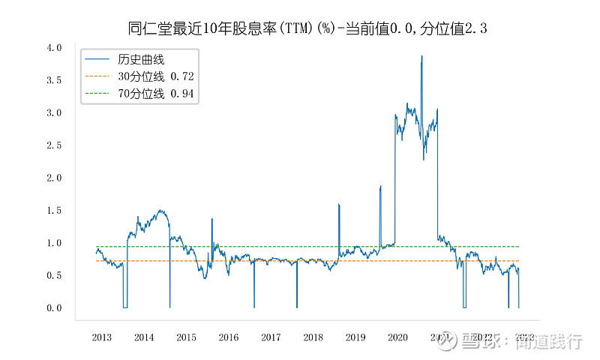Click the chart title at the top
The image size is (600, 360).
[x=308, y=28]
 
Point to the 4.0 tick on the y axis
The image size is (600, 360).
[x=54, y=48]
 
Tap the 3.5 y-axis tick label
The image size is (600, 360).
[x=54, y=80]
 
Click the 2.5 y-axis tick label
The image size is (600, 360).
[x=54, y=145]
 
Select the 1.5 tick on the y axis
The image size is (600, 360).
[x=54, y=211]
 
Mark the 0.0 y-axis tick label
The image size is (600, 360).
[x=54, y=308]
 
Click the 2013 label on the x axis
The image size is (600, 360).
[x=102, y=338]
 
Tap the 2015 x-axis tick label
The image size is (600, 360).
[x=186, y=338]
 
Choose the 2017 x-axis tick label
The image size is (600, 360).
[x=271, y=338]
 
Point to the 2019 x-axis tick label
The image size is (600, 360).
[x=355, y=338]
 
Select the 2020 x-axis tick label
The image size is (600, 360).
[x=397, y=338]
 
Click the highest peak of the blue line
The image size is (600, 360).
[x=421, y=56]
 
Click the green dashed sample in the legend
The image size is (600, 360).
[x=97, y=93]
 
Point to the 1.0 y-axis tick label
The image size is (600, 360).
[x=54, y=243]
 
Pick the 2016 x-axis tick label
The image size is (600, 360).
[x=229, y=338]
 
